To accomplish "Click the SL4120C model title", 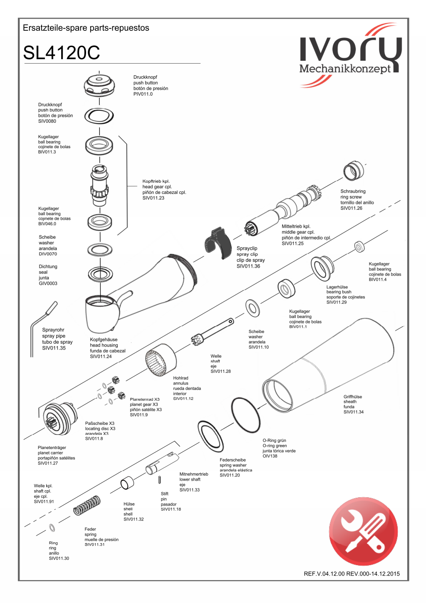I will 62,53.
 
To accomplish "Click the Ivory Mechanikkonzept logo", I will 350,55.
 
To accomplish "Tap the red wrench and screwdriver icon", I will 363,531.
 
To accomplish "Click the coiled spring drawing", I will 87,505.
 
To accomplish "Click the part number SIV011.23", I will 154,198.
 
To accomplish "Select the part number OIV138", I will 270,456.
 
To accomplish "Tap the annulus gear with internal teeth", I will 160,360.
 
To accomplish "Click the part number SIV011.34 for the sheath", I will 354,412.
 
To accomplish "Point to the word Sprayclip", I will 247,248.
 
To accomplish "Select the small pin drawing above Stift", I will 160,480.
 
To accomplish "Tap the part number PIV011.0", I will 143,94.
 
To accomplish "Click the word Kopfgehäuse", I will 104,340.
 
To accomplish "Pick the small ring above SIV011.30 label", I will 52,528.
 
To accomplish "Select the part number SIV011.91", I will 44,501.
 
